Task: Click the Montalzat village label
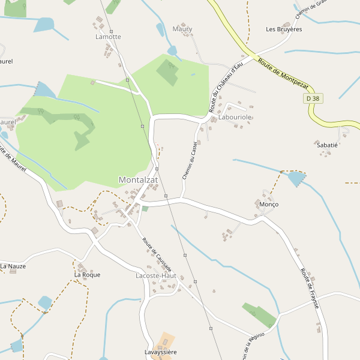(138, 180)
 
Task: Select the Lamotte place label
(108, 37)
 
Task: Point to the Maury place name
(182, 29)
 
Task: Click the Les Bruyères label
(284, 29)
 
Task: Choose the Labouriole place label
(235, 117)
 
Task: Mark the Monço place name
(269, 205)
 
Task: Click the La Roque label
(87, 275)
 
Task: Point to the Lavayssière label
(161, 352)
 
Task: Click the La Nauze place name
(13, 266)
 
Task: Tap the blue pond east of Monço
(295, 178)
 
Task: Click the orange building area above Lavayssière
(164, 340)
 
